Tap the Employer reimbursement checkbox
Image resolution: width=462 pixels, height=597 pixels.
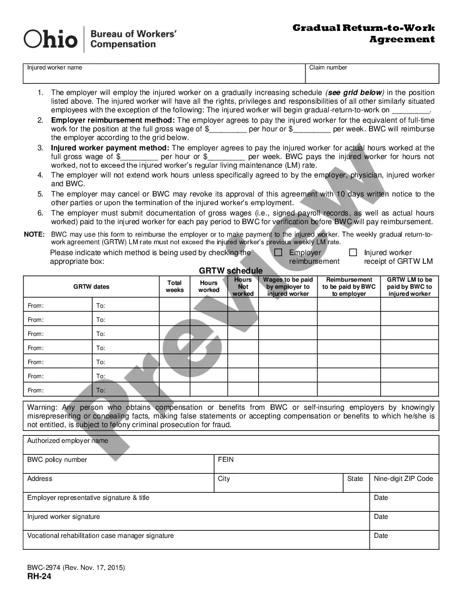(278, 252)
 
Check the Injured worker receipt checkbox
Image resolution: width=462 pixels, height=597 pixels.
(353, 252)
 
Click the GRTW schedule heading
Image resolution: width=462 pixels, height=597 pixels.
(230, 271)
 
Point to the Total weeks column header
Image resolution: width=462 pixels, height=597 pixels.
(174, 287)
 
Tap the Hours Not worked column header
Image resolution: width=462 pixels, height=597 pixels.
(243, 287)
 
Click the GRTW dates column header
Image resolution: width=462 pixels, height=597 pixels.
(91, 287)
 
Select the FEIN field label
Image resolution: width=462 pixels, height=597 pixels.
(226, 460)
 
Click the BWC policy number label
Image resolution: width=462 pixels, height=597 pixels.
(57, 460)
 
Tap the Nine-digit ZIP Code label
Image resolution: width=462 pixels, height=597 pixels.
(403, 479)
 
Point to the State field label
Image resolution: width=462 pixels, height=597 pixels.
(355, 479)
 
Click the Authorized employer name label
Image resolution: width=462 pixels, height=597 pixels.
(67, 441)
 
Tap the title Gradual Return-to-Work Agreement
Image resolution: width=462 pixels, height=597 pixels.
(364, 33)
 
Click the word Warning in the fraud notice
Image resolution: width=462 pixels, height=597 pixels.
(41, 407)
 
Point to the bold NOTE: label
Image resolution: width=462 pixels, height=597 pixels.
(34, 234)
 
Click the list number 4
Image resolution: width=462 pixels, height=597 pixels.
(40, 175)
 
